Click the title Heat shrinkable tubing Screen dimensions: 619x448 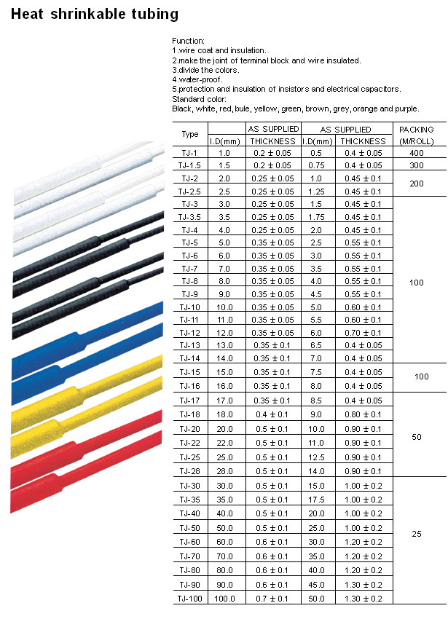[95, 14]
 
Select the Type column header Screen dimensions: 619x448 [190, 134]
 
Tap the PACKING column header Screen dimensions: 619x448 [416, 134]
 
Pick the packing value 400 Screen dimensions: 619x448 [416, 153]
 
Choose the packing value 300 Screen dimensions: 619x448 [416, 165]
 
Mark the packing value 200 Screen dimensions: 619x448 [416, 184]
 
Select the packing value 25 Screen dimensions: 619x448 [416, 534]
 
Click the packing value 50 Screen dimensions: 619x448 [416, 437]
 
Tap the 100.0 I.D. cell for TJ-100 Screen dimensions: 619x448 [224, 598]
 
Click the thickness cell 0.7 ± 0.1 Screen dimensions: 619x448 [272, 598]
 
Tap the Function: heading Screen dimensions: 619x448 [188, 40]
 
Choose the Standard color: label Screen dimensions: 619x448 [199, 98]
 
